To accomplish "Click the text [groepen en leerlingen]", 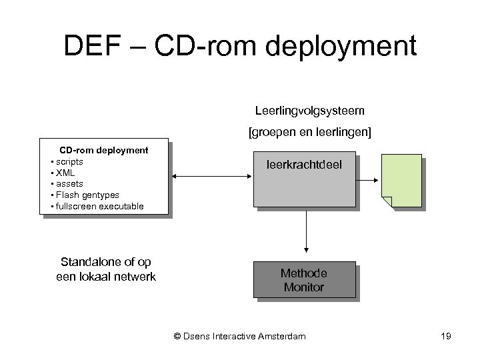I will pos(309,133).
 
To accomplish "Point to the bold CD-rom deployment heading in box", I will pos(104,150).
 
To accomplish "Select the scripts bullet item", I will pos(69,161).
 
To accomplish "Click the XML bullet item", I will pos(65,172).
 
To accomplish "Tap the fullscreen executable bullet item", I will pos(99,206).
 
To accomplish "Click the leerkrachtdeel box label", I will pos(304,163).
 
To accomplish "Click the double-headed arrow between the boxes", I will pos(211,175).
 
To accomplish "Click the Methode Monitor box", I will pos(304,281).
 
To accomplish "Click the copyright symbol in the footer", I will pos(177,336).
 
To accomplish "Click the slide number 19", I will pos(445,336).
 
